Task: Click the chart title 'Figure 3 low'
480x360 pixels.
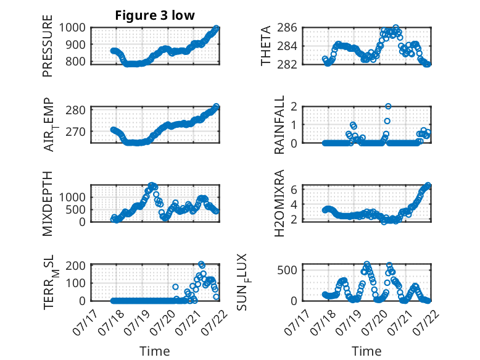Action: coord(155,15)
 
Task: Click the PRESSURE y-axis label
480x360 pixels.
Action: coord(48,46)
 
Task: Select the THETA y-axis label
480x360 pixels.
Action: coord(266,46)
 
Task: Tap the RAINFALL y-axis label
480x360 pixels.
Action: coord(279,125)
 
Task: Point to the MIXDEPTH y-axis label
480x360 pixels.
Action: coord(48,203)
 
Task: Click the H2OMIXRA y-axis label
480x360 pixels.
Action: coord(279,203)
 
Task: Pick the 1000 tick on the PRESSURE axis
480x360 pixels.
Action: coord(72,28)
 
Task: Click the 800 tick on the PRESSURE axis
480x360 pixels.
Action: coord(75,61)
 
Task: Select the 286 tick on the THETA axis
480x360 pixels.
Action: coord(287,28)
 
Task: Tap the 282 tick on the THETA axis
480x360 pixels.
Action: coord(287,64)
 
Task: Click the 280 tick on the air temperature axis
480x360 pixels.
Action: coord(75,110)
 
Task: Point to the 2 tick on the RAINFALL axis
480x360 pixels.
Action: coord(294,107)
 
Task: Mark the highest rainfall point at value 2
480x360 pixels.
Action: coord(388,106)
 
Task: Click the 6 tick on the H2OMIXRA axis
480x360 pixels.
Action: coord(294,190)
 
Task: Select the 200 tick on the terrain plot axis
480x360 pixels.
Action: coord(75,266)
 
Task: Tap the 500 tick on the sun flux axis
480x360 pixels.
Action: coord(287,270)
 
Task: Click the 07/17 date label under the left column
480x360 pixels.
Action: coord(85,322)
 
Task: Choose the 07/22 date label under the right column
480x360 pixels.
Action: coord(426,322)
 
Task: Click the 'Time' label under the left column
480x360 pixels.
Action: coord(155,351)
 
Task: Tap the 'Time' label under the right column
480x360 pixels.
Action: coord(366,351)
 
